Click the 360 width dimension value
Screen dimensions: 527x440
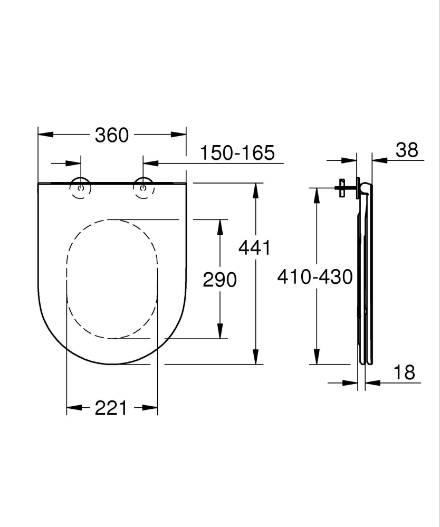pyautogui.click(x=112, y=135)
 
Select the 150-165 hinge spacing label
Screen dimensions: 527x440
pyautogui.click(x=237, y=153)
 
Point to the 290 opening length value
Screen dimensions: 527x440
pyautogui.click(x=220, y=280)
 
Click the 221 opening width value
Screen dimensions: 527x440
pyautogui.click(x=111, y=407)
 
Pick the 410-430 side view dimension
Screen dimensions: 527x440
pyautogui.click(x=315, y=276)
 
